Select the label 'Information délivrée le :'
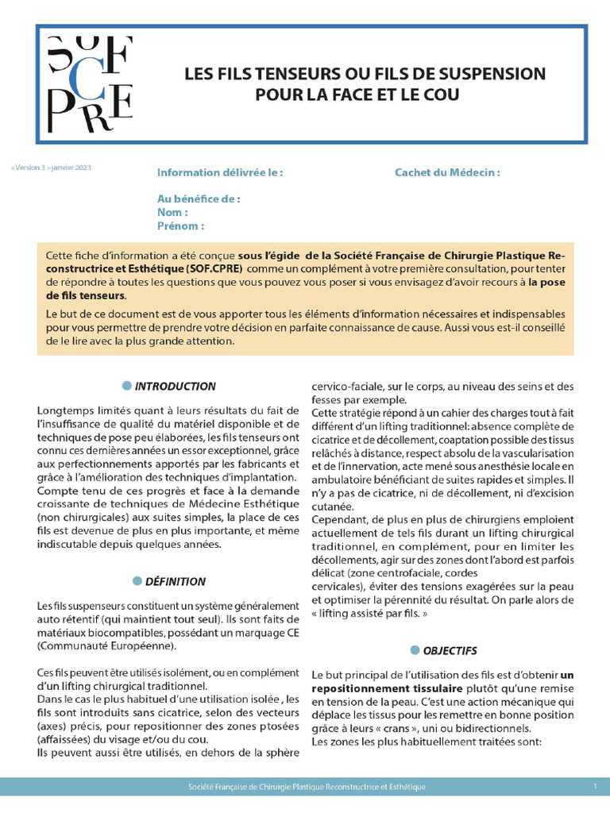pyautogui.click(x=220, y=172)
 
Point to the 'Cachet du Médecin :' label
pyautogui.click(x=447, y=172)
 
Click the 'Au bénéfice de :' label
pyautogui.click(x=199, y=199)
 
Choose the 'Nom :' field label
pyautogui.click(x=172, y=212)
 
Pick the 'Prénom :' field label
pyautogui.click(x=180, y=225)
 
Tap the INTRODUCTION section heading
pyautogui.click(x=175, y=387)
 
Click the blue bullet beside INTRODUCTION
pyautogui.click(x=126, y=386)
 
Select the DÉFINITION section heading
pyautogui.click(x=176, y=581)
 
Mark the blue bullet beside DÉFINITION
pyautogui.click(x=137, y=580)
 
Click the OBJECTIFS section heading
pyautogui.click(x=450, y=650)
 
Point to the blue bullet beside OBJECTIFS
pyautogui.click(x=414, y=649)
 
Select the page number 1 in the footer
pyautogui.click(x=595, y=786)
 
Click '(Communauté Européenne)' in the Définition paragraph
pyautogui.click(x=106, y=646)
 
